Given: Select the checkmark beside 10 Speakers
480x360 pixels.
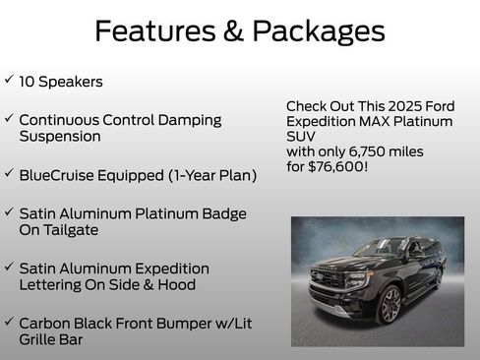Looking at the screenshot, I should (x=9, y=80).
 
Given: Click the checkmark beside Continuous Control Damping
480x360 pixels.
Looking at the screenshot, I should (x=9, y=118).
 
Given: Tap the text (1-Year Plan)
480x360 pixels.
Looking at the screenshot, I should (x=211, y=175).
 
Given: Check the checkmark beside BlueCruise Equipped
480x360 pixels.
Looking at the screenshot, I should (x=9, y=173).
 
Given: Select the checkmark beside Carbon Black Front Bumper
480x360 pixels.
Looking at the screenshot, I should (x=9, y=321).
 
